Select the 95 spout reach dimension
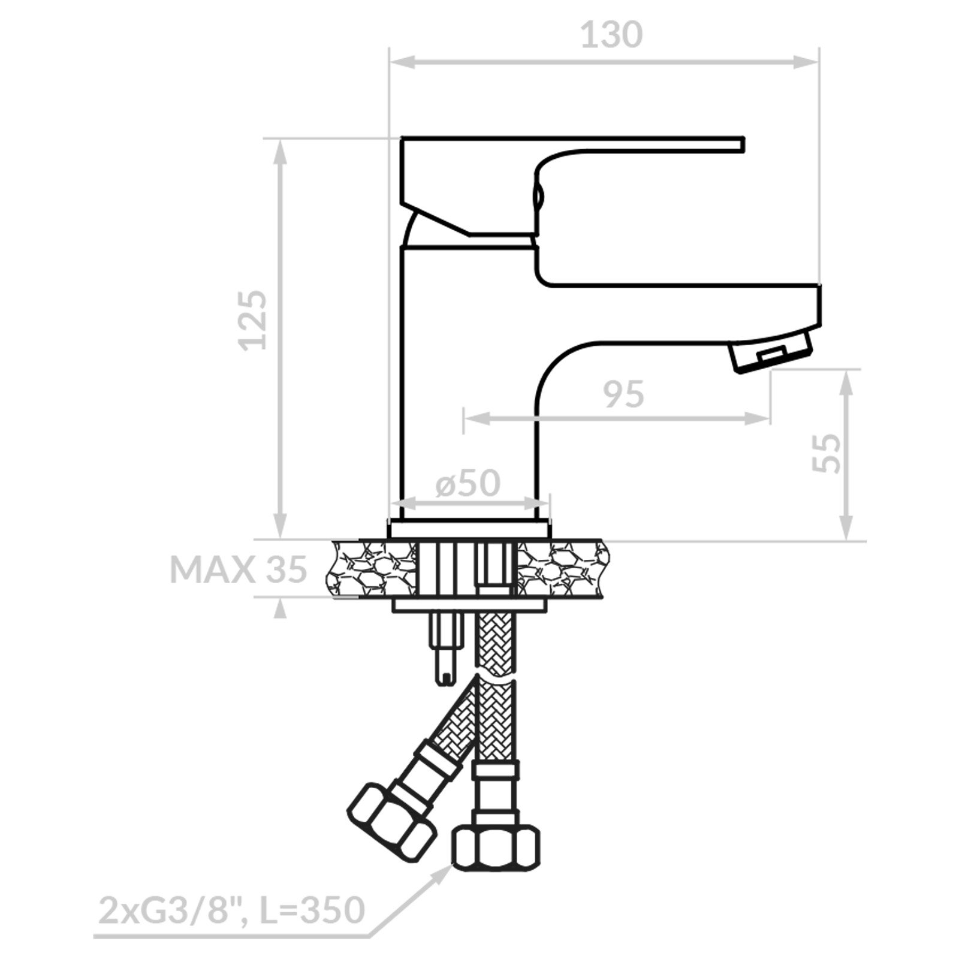(623, 394)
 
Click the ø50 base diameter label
(468, 482)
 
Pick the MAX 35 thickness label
(239, 569)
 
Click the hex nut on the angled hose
(390, 821)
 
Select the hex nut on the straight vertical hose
(495, 848)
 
